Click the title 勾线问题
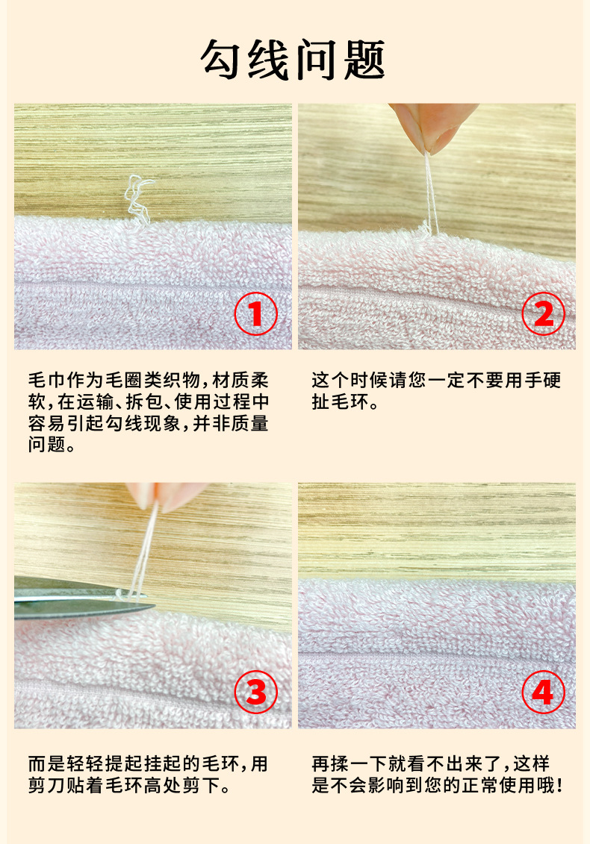[293, 60]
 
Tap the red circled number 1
[256, 314]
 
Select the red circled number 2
[543, 314]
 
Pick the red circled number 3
[256, 693]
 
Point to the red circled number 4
[543, 693]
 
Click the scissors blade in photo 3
[81, 598]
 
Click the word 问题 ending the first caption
[48, 445]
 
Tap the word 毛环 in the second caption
[350, 401]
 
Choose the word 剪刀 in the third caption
[48, 785]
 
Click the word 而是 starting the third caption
[48, 764]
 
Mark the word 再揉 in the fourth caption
[331, 764]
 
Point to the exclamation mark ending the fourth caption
[560, 785]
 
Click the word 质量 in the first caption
[249, 423]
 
